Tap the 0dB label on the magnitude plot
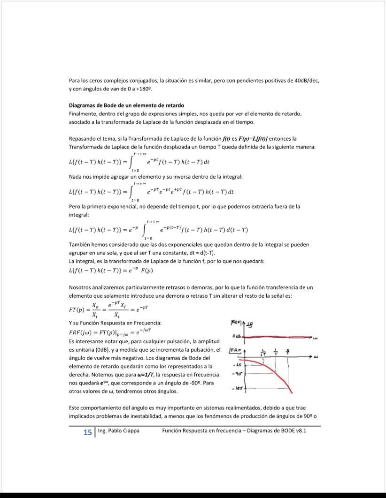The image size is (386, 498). pos(238,336)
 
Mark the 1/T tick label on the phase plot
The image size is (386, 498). pos(275,352)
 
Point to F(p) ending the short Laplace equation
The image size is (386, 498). pos(146,271)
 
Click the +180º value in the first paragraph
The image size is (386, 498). pos(144,89)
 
